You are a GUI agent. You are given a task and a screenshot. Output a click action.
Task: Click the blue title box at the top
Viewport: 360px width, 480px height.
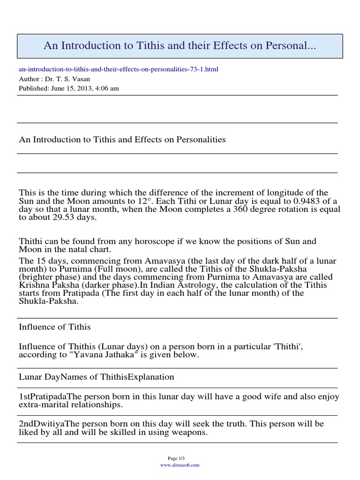coord(180,46)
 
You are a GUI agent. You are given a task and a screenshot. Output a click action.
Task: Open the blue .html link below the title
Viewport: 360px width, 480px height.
coord(119,69)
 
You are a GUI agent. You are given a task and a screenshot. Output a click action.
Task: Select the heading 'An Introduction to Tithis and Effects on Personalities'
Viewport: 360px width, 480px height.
coord(122,140)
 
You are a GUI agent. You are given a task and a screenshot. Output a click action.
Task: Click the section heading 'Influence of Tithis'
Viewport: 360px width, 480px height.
coord(55,327)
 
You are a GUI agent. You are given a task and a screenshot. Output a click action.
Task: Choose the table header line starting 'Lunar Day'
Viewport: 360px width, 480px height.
coord(97,377)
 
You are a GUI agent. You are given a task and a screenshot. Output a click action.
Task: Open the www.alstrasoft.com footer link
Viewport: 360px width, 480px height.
coord(180,465)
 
